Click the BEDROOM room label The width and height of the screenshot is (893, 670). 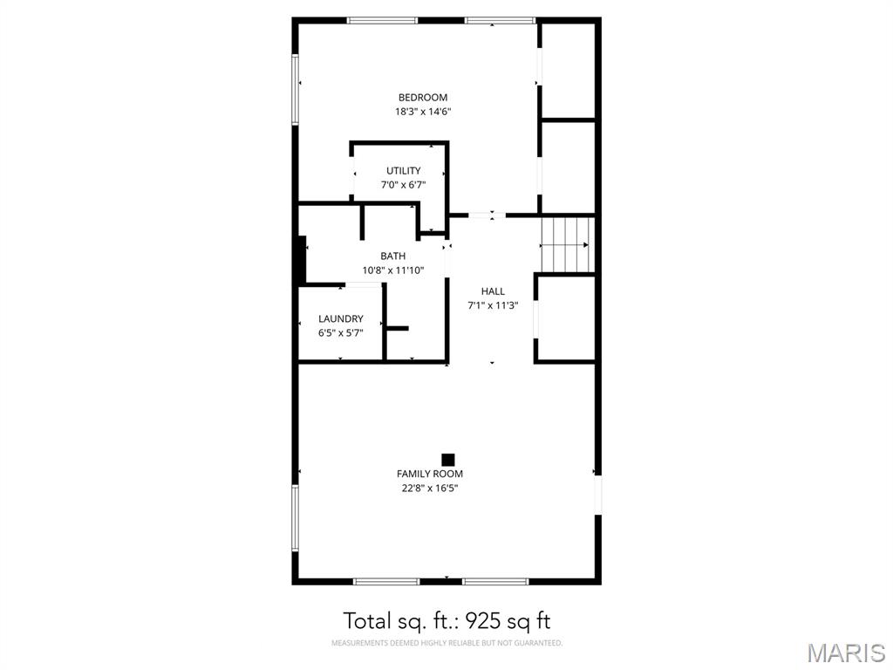tap(423, 98)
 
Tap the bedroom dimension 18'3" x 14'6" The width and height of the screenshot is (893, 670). tap(423, 112)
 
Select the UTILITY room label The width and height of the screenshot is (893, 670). tap(404, 171)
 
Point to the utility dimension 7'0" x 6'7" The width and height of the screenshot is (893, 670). tap(404, 185)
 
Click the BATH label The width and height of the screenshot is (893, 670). tap(392, 256)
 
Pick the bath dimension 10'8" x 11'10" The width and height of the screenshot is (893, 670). tap(392, 270)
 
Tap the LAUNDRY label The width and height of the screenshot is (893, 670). tap(341, 319)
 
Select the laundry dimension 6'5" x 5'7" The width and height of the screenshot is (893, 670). tap(341, 333)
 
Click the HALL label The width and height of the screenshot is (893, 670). tap(493, 291)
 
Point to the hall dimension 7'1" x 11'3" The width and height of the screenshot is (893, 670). tap(493, 305)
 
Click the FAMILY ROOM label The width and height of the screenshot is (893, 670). tap(430, 475)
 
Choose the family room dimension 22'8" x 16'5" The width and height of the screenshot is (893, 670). tap(430, 489)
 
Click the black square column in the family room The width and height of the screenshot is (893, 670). tap(448, 460)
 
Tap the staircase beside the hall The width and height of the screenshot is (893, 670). tap(566, 244)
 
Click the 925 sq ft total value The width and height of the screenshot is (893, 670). tap(508, 621)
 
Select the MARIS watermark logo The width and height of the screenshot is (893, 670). tap(845, 653)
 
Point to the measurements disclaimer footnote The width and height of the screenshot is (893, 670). tap(446, 644)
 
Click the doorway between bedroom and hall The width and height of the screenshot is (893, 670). tap(481, 215)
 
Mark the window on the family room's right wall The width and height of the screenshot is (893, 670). tap(598, 494)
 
